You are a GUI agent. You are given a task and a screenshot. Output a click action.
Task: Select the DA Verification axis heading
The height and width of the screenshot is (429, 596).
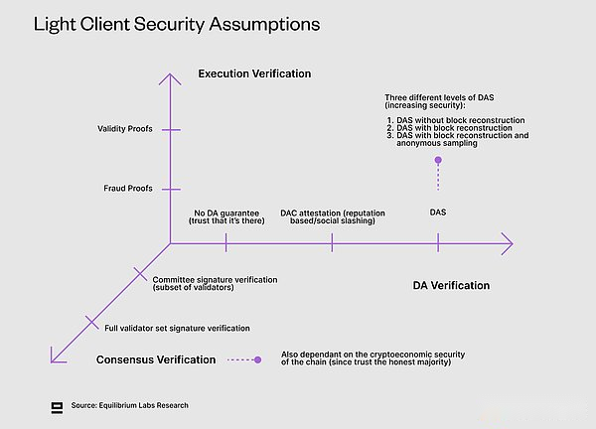tap(451, 285)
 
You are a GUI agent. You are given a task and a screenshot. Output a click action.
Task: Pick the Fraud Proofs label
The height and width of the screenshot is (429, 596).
tap(130, 188)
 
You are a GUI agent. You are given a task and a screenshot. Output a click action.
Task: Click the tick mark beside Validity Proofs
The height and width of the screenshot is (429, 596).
tap(171, 129)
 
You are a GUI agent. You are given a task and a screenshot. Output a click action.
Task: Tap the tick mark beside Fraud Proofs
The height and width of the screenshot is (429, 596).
tap(171, 188)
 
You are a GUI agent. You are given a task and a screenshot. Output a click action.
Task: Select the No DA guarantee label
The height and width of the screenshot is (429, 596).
tap(228, 215)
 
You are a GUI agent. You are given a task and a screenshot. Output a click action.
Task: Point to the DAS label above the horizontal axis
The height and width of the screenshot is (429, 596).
tap(438, 212)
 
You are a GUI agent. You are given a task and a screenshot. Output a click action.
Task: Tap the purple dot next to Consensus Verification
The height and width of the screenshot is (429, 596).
tap(257, 359)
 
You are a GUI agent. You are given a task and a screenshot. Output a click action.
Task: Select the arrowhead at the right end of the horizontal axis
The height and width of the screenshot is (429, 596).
tap(509, 242)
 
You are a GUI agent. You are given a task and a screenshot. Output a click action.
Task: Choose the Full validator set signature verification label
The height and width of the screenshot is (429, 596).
tap(177, 328)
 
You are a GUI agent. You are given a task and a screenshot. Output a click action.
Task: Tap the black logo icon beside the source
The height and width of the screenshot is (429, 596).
tap(57, 405)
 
